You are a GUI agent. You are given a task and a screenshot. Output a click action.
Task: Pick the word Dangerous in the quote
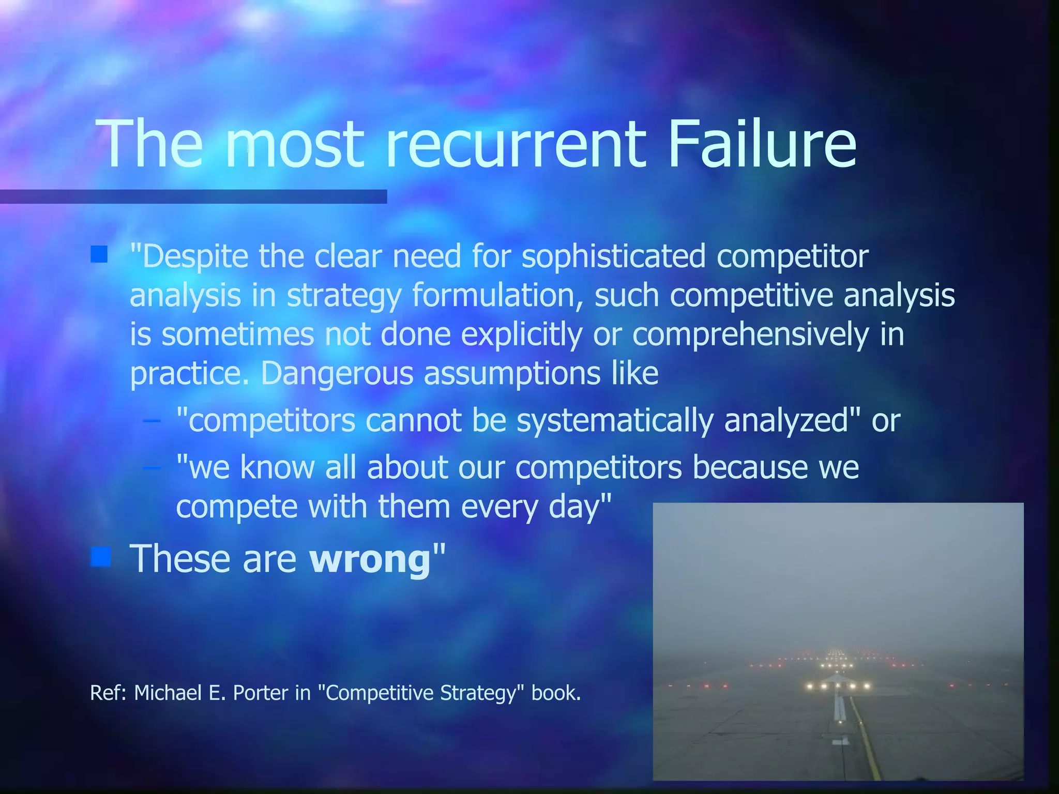pyautogui.click(x=337, y=373)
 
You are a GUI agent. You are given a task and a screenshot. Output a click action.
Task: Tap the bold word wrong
pyautogui.click(x=370, y=559)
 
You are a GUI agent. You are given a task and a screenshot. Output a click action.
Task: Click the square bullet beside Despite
pyautogui.click(x=99, y=254)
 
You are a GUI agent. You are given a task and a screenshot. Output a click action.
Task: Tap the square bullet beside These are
pyautogui.click(x=100, y=557)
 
